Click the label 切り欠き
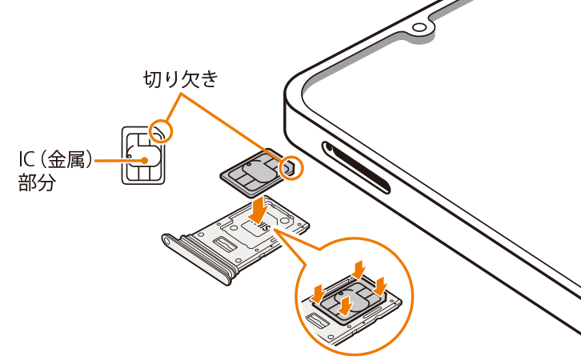point(181,79)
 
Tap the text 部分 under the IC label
point(37,182)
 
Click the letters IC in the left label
point(26,160)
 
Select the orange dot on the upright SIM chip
point(145,160)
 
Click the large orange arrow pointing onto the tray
point(258,210)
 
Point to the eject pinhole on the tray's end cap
point(168,241)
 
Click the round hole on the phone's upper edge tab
point(419,27)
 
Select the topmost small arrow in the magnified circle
point(359,269)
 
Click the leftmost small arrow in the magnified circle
point(318,294)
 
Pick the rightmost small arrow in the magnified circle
point(381,286)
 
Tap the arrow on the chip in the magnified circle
point(346,305)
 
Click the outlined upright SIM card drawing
point(143,155)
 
